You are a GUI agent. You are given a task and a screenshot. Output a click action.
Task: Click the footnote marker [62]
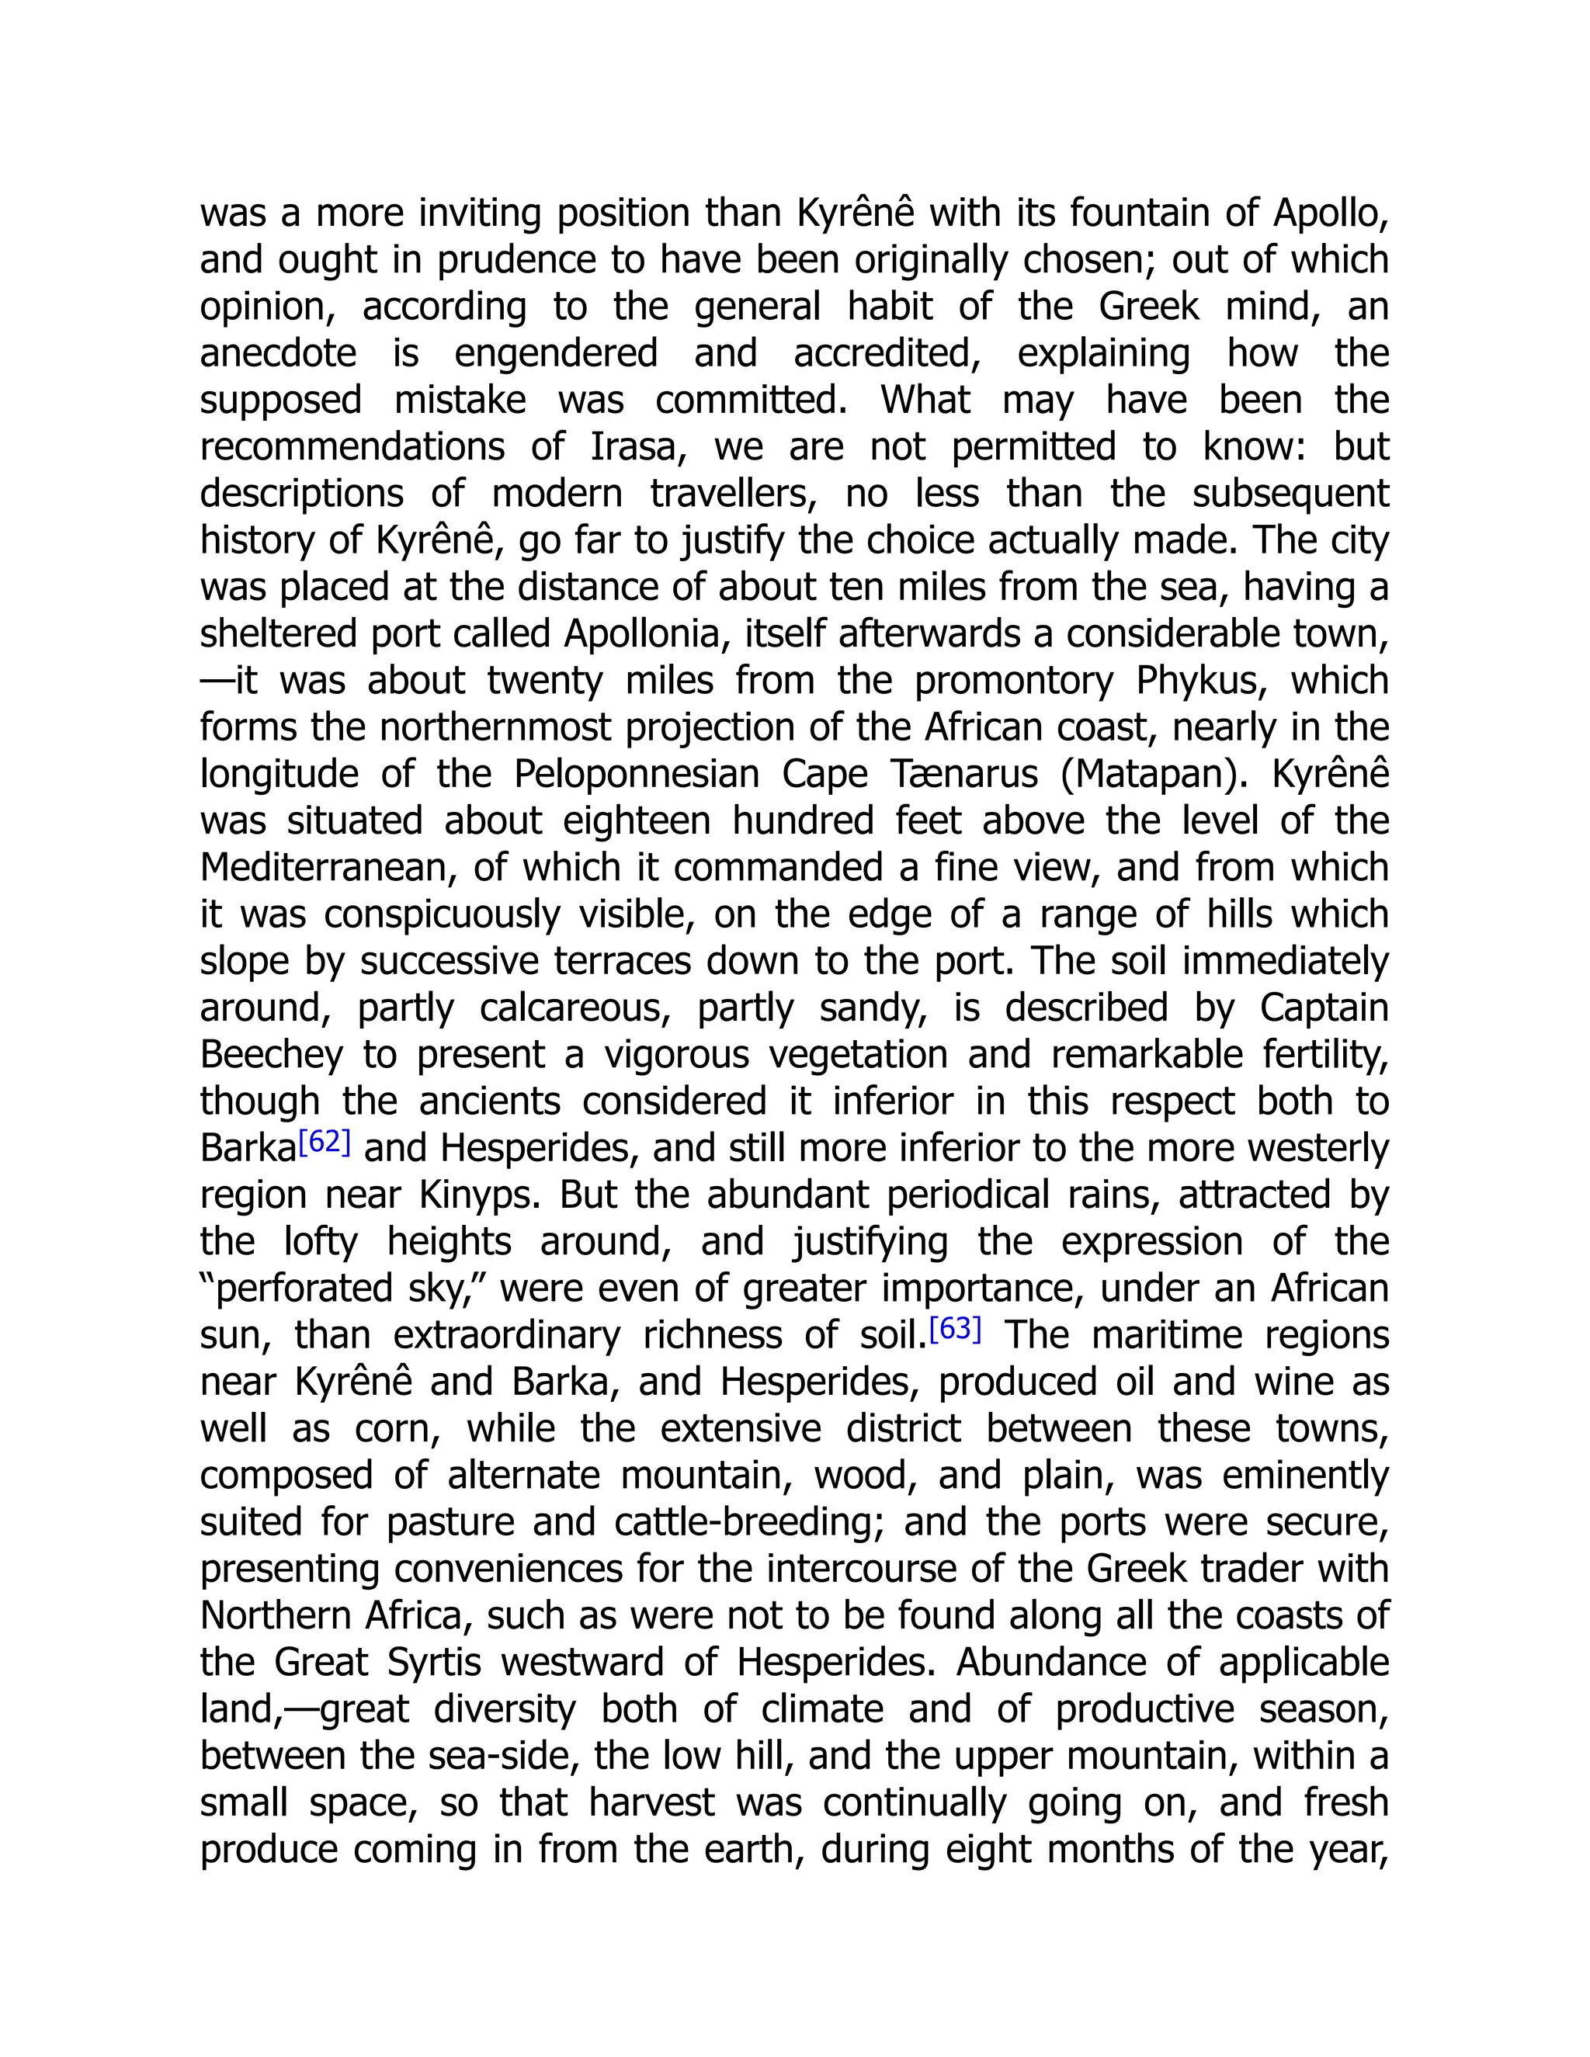tap(324, 1143)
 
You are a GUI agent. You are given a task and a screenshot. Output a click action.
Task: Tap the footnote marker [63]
tap(955, 1329)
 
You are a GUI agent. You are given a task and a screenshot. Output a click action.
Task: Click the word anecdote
tap(278, 353)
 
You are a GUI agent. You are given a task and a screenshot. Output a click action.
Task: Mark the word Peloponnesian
tap(636, 774)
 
